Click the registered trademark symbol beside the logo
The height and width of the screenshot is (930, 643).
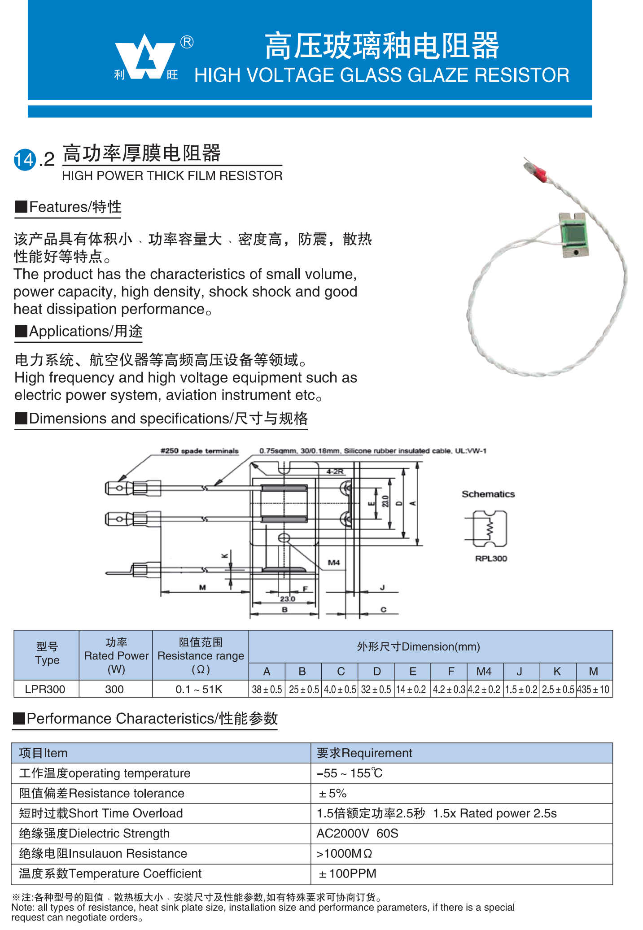(x=187, y=42)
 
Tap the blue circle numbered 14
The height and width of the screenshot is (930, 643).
(x=25, y=160)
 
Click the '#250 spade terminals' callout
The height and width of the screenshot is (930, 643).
(x=200, y=451)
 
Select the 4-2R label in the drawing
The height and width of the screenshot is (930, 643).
(x=335, y=472)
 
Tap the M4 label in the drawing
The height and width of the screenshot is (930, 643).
(x=334, y=563)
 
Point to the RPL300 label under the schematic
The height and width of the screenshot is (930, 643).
(x=491, y=559)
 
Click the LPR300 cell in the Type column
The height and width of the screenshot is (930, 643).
(x=45, y=689)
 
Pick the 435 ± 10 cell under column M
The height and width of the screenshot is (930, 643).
(x=593, y=689)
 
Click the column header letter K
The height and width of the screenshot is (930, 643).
(x=557, y=671)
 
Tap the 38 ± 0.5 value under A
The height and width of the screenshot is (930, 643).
(x=267, y=689)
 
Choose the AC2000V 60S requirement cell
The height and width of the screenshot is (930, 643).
(x=357, y=833)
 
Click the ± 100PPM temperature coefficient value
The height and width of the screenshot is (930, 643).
(x=348, y=873)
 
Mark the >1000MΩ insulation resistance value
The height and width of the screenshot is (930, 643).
(x=344, y=853)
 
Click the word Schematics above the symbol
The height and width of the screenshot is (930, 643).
(x=488, y=494)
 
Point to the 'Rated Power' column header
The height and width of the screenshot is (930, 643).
(x=116, y=656)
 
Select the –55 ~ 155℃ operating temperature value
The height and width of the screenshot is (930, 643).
(x=350, y=773)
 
